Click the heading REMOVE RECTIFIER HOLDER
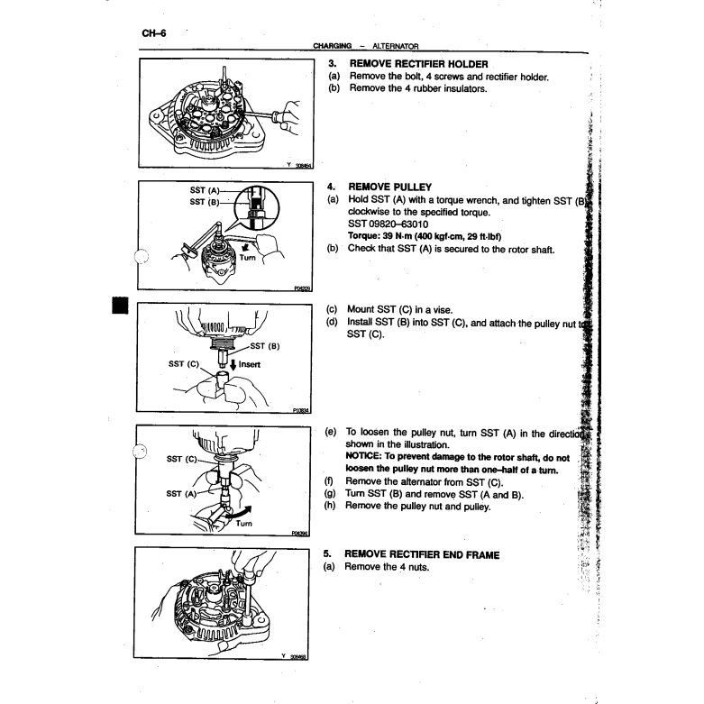[x=418, y=64]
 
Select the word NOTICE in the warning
[x=365, y=455]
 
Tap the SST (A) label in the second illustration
[x=206, y=191]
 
